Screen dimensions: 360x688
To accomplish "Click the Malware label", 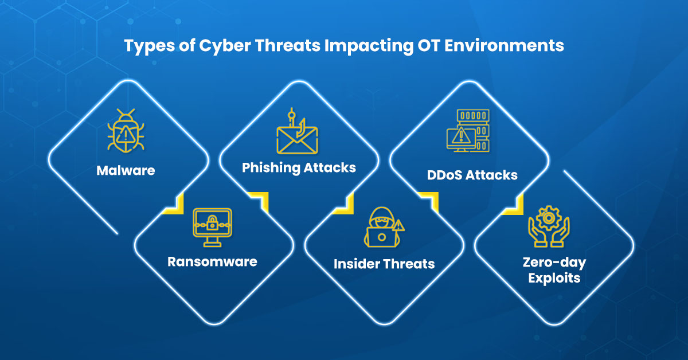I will point(126,170).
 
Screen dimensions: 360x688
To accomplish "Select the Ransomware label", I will point(212,261).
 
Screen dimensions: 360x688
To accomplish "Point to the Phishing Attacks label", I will point(299,168).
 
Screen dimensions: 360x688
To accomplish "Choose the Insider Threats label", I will point(384,264).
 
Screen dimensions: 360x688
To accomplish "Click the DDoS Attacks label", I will point(472,175).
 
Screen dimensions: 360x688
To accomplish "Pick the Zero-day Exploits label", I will point(554,271).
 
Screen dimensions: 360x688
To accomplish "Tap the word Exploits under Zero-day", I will point(554,279).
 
